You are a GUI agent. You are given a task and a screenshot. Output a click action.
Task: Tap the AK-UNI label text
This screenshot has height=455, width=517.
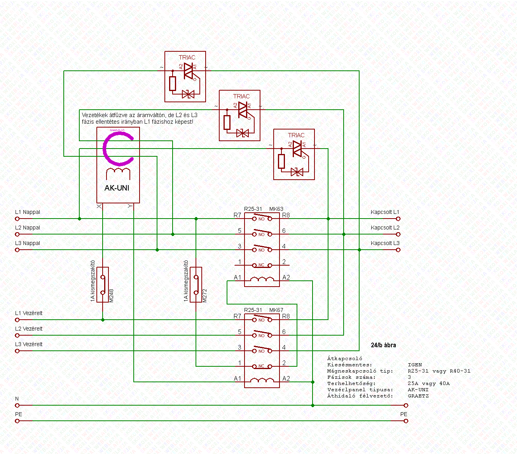(117, 188)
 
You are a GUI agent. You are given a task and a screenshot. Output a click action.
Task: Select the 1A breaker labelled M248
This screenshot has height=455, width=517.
(103, 285)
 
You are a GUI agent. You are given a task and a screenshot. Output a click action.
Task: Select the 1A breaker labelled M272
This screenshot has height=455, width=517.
(196, 285)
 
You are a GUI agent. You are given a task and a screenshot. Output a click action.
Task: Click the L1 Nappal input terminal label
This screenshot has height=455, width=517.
(28, 212)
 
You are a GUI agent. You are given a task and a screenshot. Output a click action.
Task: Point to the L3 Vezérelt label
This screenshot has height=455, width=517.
(29, 345)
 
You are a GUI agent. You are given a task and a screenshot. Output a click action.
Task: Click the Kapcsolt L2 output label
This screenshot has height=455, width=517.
(385, 228)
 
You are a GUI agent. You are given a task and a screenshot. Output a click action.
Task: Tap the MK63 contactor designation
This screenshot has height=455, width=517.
(276, 209)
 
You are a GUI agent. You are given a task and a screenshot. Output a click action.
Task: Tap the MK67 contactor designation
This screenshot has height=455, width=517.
(276, 310)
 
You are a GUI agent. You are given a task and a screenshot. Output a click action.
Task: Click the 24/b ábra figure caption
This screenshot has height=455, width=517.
(383, 345)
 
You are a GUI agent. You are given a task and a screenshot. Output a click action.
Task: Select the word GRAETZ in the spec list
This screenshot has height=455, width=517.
(418, 396)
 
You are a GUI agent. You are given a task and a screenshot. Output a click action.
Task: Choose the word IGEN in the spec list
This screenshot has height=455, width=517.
(415, 365)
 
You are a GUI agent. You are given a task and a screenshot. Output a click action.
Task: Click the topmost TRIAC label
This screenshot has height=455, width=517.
(187, 58)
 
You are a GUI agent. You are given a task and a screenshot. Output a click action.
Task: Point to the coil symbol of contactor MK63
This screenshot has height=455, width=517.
(262, 279)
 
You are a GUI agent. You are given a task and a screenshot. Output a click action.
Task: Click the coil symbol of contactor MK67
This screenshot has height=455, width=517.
(262, 380)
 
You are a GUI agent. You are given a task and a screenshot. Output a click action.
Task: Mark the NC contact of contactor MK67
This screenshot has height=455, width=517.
(262, 366)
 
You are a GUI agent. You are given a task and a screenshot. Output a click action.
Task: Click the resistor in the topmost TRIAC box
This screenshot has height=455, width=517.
(173, 84)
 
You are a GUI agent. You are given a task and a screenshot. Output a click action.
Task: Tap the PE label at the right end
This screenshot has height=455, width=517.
(404, 415)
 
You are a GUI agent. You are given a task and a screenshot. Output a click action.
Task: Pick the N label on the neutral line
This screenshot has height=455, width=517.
(17, 399)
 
